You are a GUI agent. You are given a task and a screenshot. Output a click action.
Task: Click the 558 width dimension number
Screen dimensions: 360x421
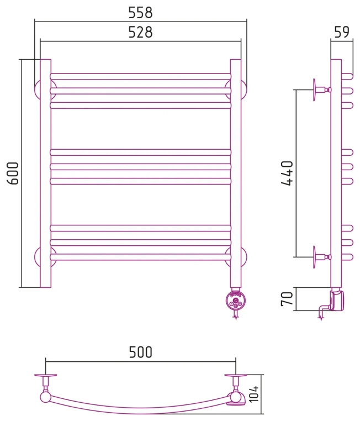(x=141, y=13)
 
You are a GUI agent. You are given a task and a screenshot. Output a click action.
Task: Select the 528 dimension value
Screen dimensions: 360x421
(x=141, y=32)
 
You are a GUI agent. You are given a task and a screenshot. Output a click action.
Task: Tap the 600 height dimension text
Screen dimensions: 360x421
(x=13, y=173)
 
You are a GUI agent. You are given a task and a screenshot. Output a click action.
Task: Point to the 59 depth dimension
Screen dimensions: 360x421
(x=342, y=32)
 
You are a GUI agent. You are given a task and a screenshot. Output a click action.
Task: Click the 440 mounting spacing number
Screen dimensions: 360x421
(x=287, y=173)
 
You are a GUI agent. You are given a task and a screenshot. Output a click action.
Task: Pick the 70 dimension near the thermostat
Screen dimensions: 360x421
(x=287, y=299)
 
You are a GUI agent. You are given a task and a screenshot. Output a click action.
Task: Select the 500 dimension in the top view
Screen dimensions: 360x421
(x=141, y=352)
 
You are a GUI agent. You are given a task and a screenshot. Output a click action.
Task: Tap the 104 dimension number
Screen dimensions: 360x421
(x=254, y=394)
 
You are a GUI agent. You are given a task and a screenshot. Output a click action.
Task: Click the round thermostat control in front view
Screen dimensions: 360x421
(x=236, y=301)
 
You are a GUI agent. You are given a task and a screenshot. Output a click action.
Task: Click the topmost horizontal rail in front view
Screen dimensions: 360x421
(x=141, y=77)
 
